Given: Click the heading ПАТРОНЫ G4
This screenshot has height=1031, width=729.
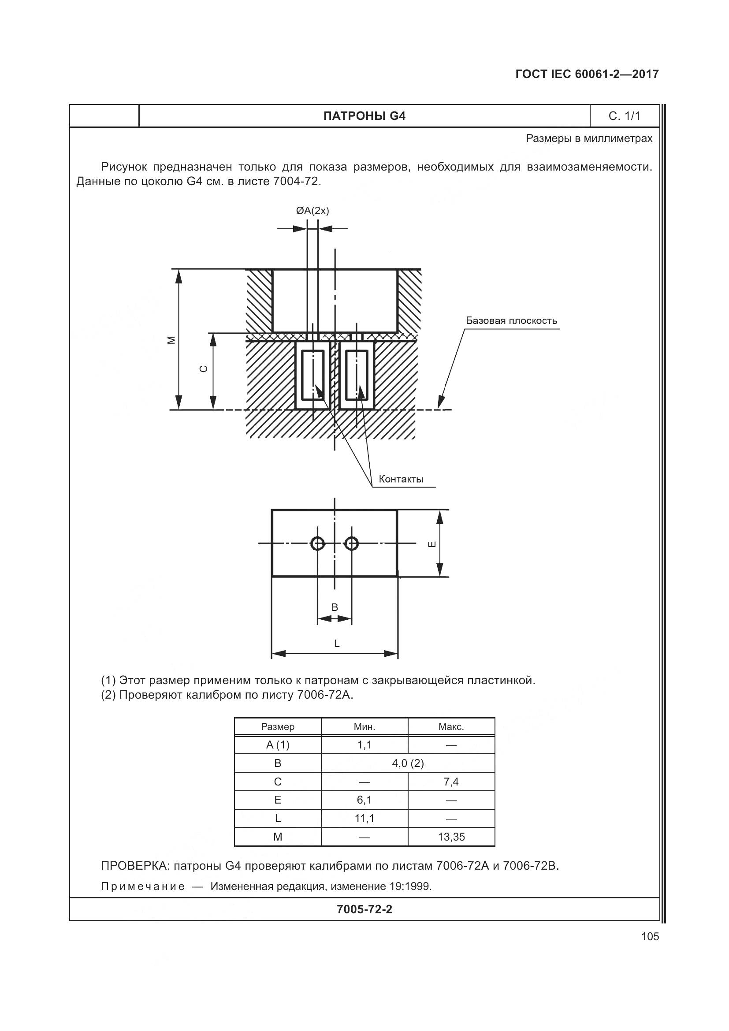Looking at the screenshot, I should (364, 116).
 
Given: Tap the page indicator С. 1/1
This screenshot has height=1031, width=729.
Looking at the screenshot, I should (624, 116).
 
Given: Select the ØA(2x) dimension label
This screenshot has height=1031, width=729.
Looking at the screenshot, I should (312, 211).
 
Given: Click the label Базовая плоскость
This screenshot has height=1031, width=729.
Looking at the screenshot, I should (511, 320).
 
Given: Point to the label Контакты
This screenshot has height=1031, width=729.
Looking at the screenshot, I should (401, 479).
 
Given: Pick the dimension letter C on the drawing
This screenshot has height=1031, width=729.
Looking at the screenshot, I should (204, 368).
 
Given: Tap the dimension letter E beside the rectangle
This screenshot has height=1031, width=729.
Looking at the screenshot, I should (431, 544).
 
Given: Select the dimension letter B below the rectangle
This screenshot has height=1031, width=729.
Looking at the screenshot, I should (335, 607).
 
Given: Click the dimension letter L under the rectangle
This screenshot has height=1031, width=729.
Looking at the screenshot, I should (337, 644).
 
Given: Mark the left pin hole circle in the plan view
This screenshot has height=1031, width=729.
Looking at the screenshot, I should (317, 544).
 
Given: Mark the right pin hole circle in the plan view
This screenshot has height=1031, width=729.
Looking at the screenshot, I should (351, 544).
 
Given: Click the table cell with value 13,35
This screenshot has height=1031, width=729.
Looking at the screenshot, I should (451, 837).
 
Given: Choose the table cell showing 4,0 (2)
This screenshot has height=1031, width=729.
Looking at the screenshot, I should (408, 763).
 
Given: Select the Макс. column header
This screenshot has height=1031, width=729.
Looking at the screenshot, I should (451, 726).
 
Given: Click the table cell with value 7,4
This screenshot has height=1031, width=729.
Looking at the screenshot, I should (451, 782).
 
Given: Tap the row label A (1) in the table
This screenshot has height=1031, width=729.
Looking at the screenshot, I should (277, 745).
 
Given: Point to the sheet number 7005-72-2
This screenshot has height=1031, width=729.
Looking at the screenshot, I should (364, 909).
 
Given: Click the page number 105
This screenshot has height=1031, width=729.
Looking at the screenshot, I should (650, 936).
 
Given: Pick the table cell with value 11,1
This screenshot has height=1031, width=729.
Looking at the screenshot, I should (364, 819).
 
